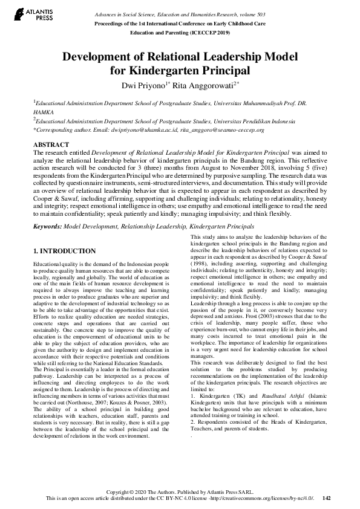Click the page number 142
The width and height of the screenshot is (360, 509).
[327, 498]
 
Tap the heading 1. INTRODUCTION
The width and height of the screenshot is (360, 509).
[64, 251]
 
